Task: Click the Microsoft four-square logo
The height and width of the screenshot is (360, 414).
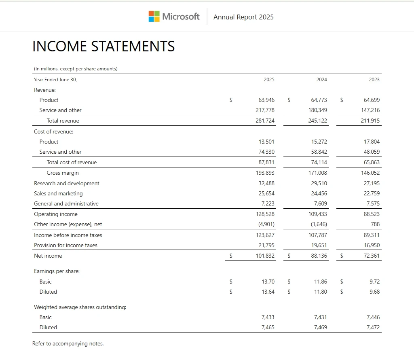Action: (154, 17)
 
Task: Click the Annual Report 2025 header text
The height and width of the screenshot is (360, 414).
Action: (243, 17)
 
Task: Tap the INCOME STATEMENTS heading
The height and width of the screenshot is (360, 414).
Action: (103, 47)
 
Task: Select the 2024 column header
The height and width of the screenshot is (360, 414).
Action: (321, 80)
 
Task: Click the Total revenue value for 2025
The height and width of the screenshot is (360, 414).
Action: (265, 121)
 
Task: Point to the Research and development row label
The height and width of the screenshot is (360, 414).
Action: (66, 183)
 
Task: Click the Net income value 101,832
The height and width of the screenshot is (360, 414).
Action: (265, 256)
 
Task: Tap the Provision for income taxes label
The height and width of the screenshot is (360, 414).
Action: (65, 245)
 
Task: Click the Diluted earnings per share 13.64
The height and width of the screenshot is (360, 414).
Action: (268, 292)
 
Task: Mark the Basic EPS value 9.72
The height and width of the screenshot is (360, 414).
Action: (374, 282)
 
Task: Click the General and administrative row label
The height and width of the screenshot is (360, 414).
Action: (66, 203)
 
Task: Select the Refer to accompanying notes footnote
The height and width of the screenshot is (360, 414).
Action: (68, 344)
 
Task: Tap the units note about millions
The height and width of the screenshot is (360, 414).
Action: (76, 69)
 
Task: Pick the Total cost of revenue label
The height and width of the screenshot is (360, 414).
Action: (72, 162)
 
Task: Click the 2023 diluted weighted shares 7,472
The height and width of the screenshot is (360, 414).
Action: (373, 327)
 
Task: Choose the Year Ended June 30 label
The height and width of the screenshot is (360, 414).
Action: (55, 80)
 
